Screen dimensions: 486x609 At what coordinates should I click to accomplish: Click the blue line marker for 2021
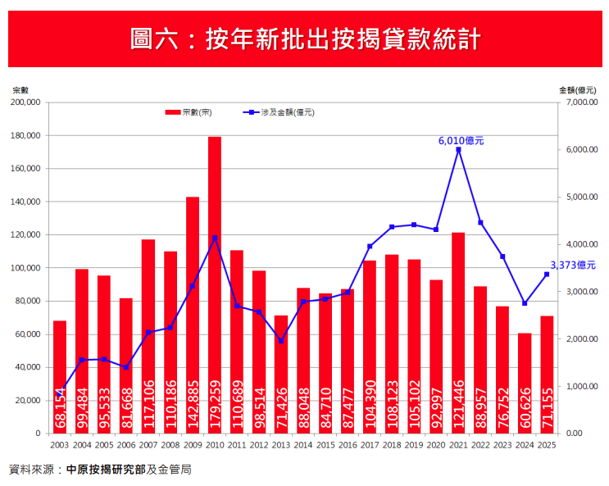(458, 149)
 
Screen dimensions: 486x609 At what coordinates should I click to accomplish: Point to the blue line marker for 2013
(281, 341)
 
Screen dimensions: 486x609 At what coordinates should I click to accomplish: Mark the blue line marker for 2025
(547, 274)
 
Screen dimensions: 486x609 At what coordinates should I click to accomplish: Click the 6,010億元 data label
(461, 140)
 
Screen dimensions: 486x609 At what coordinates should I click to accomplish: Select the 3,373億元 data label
(572, 265)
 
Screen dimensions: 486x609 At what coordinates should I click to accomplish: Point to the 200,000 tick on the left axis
(28, 102)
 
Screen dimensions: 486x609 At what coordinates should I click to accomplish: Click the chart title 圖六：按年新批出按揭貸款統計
(304, 39)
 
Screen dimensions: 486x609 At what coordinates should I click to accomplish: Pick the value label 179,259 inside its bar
(216, 402)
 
